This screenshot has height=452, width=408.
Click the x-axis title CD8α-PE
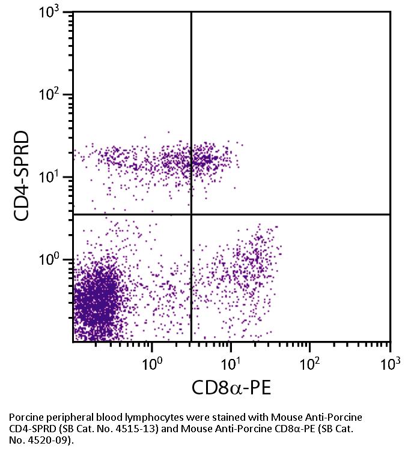click(x=231, y=387)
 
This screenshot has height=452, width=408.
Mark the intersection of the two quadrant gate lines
click(x=191, y=214)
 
